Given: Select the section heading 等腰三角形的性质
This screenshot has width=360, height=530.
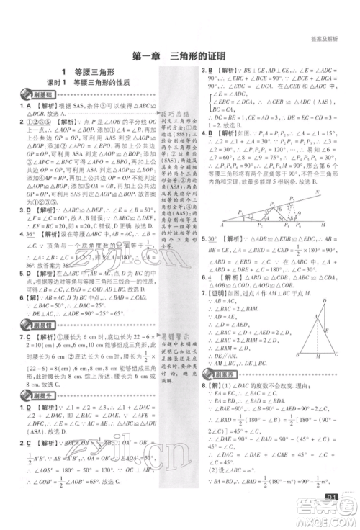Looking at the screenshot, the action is [x=109, y=84].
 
